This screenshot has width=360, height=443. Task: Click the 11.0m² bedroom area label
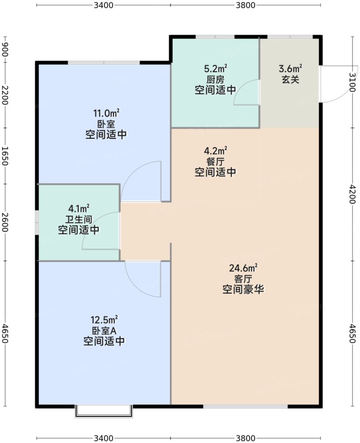[x=106, y=113]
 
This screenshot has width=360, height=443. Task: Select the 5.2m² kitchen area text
[x=216, y=69]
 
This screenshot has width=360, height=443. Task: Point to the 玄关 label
[x=291, y=79]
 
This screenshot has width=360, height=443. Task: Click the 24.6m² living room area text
[x=243, y=268]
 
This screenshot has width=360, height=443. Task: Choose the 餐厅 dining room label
[x=216, y=162]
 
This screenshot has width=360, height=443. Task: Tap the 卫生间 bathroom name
[x=78, y=219]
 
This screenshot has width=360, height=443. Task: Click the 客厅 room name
[x=243, y=279]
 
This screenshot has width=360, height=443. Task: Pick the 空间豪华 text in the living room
[x=243, y=290]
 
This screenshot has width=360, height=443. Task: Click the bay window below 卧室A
[x=104, y=411]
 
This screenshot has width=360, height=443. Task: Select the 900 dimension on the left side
[x=4, y=50]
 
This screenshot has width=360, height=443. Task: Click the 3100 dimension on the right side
[x=352, y=82]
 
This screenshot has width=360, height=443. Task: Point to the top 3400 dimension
[x=104, y=5]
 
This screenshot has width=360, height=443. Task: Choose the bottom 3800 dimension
[x=246, y=438]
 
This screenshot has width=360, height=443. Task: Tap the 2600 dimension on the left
[x=4, y=222]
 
